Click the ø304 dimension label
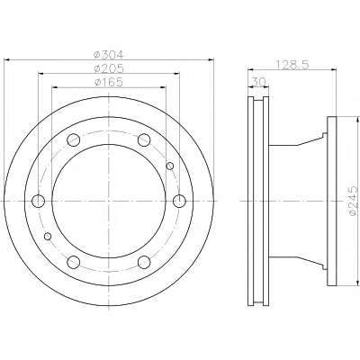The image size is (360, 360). coord(109,55)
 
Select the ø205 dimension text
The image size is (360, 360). coord(109,68)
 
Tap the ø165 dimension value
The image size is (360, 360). coord(109,82)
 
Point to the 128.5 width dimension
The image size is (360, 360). coord(292,65)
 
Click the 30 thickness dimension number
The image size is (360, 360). coord(259,82)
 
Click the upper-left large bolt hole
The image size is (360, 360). coord(74,139)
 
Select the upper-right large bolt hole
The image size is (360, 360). coord(144,139)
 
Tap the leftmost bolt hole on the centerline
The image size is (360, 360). coord(39,201)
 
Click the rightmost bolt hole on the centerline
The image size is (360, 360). coord(179,201)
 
